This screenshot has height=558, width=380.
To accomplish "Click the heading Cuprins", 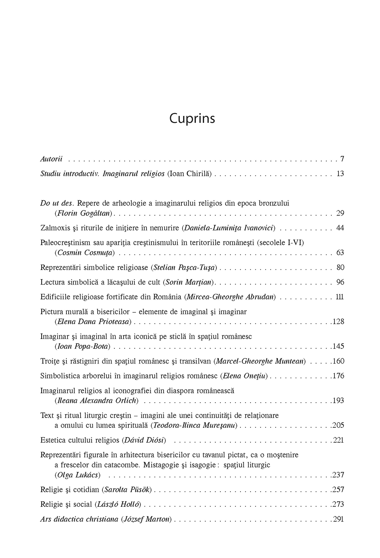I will point(192,118).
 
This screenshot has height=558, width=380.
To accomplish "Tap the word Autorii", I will point(51,159).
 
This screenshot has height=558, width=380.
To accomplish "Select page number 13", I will point(340,174).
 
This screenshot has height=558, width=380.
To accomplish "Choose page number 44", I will point(340,228).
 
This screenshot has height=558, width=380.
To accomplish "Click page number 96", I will point(340,282).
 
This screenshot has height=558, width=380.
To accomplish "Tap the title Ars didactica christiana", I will point(79,519).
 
